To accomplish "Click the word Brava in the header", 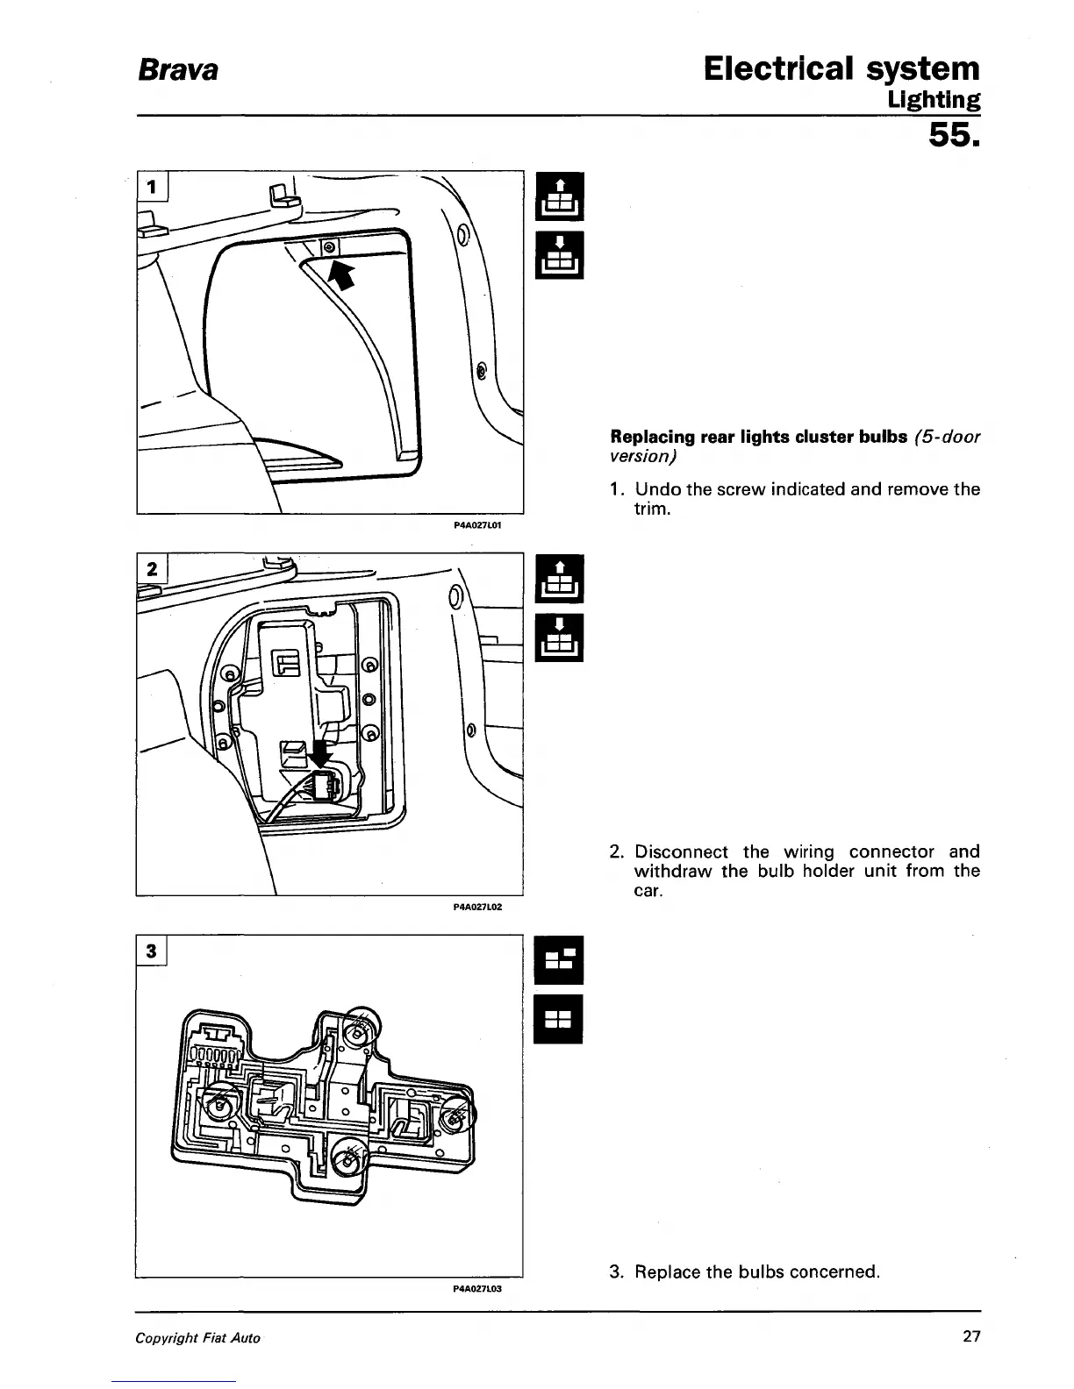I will [176, 69].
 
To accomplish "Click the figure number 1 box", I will [154, 186].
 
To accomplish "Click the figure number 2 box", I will [152, 568].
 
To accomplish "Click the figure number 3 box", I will [152, 951].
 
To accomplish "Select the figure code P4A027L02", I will [476, 908].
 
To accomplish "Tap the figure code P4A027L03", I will [476, 1290].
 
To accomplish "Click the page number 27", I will [970, 1337].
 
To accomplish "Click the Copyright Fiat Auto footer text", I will [197, 1338].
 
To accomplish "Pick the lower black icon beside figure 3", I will [559, 1019].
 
